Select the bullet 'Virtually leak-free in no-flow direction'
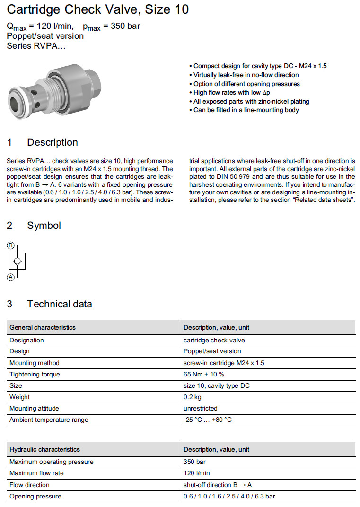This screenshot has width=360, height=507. pos(246,75)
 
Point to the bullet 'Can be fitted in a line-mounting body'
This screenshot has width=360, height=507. pos(246,110)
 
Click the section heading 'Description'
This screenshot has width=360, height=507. pos(52,142)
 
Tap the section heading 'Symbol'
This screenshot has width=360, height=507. pos(44,226)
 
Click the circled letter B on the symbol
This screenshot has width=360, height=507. pos(11,245)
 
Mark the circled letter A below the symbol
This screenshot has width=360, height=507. pos(11,278)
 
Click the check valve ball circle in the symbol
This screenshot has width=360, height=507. pos(17,261)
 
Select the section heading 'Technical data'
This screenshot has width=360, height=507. pos(59,304)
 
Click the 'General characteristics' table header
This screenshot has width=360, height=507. pos(43,327)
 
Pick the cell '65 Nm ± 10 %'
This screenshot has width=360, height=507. pos(204,374)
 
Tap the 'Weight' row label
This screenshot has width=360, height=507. pos(20,397)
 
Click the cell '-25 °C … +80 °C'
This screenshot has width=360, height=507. pos(208,420)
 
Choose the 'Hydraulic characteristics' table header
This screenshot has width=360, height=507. pos(45,449)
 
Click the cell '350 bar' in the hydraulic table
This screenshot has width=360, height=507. pos(194,462)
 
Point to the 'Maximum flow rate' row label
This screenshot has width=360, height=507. pos(36,473)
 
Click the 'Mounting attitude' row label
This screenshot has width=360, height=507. pos(34,408)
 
